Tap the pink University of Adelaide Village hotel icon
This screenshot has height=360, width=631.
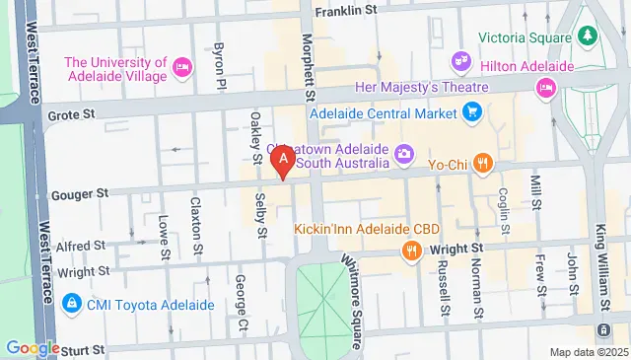(181, 67)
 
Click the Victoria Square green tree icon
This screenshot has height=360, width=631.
(589, 36)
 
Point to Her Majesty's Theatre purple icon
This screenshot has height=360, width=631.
(459, 61)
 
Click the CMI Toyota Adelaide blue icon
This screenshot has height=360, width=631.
(72, 303)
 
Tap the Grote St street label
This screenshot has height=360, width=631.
(70, 116)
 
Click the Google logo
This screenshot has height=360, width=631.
(33, 347)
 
